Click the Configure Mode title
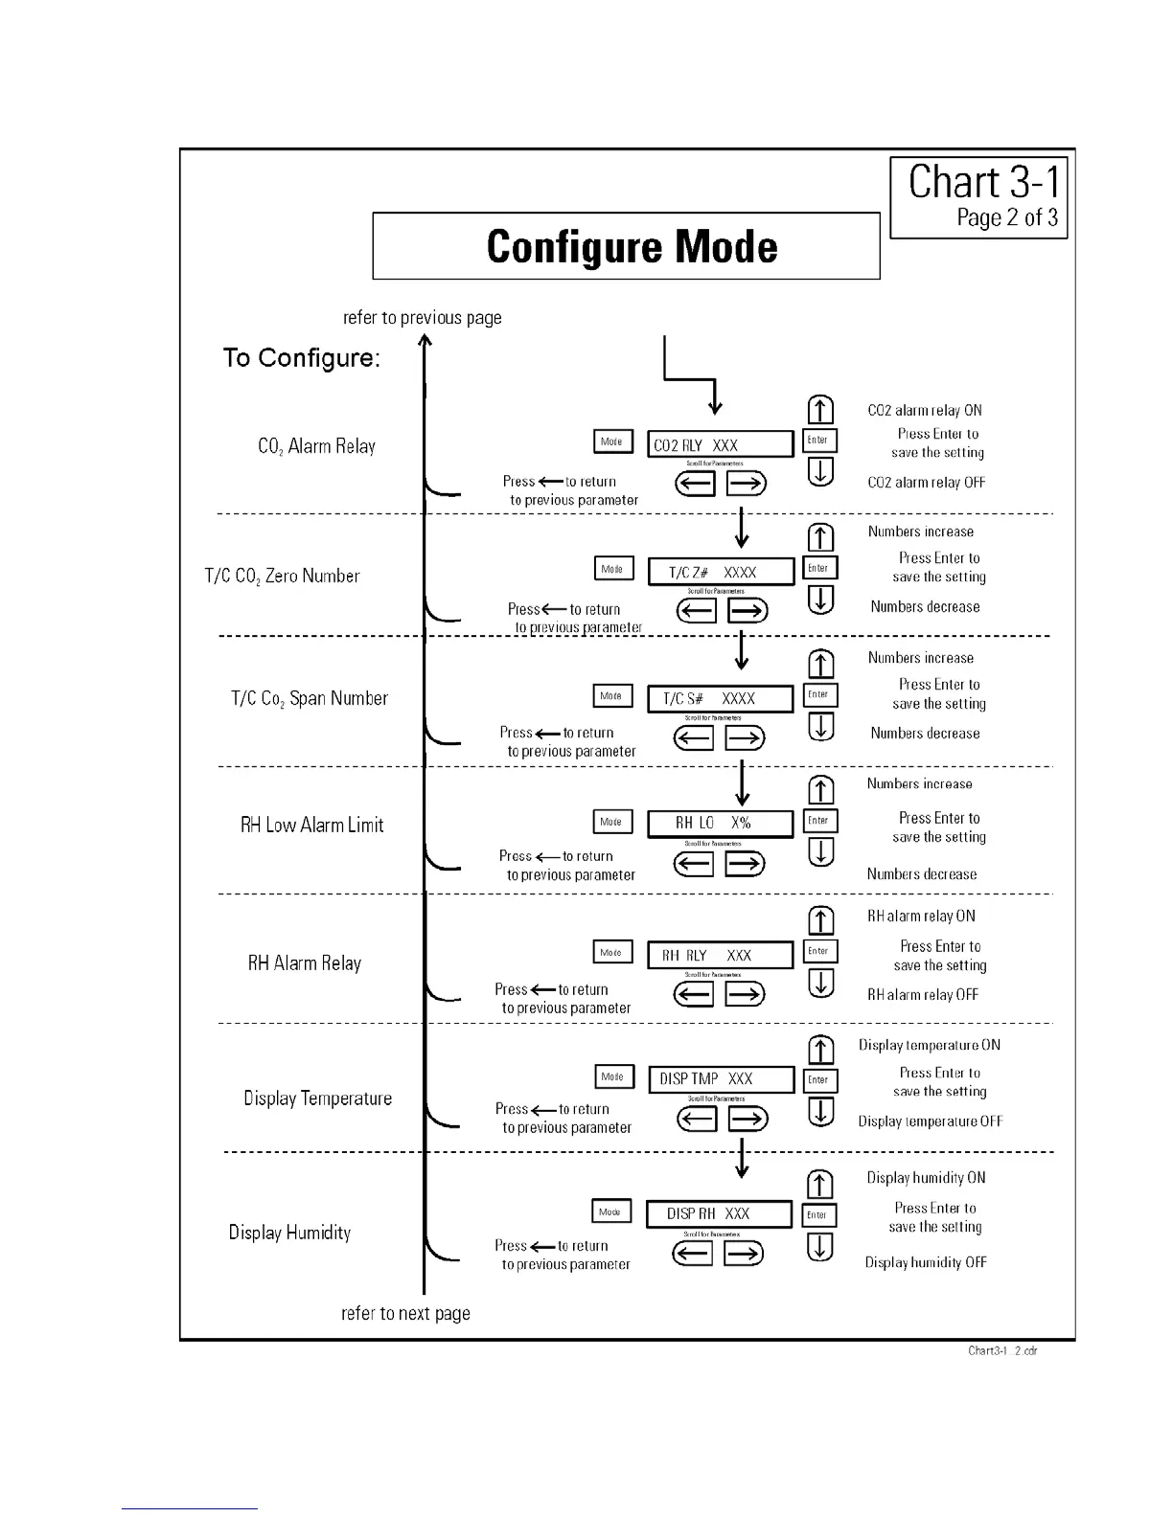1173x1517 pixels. tap(631, 246)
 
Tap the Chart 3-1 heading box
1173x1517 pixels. tap(978, 197)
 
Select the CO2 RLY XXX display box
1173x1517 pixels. tap(720, 444)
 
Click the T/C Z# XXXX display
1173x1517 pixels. tap(721, 572)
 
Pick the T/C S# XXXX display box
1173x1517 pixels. tap(720, 699)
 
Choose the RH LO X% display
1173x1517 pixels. tap(720, 824)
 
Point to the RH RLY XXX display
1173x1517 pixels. tap(720, 955)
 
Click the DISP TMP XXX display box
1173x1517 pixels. tap(721, 1079)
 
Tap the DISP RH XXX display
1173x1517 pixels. tap(719, 1213)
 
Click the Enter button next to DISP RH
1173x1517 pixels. tap(818, 1215)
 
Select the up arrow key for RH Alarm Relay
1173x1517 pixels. tap(821, 920)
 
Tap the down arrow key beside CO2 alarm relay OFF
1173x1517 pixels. tap(821, 471)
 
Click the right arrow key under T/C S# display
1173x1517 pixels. tap(745, 737)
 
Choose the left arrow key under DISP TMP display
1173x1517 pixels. tap(697, 1119)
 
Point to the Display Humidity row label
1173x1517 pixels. tap(289, 1233)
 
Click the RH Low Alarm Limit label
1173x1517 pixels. tap(311, 825)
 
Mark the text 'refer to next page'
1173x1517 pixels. tap(405, 1314)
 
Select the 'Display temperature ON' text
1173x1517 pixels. tap(929, 1045)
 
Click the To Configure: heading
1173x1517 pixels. tap(302, 358)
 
